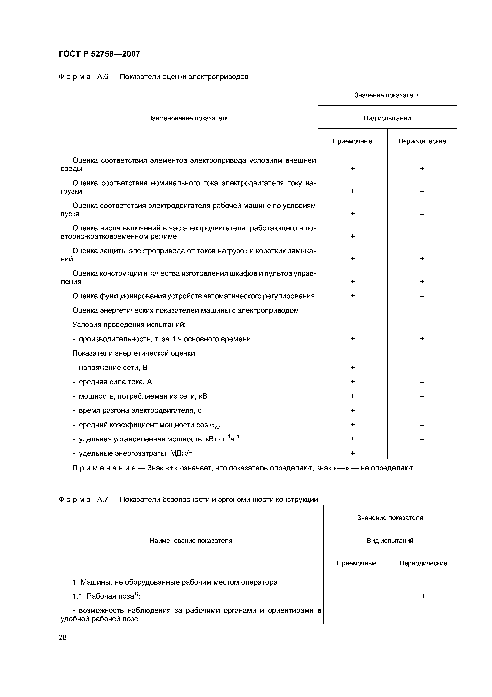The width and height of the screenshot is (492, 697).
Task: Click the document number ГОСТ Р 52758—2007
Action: [x=99, y=54]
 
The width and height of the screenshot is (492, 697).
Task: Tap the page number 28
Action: [x=62, y=637]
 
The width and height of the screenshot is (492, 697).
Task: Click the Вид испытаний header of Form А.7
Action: [x=390, y=540]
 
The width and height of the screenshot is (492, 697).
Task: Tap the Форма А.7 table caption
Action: [x=188, y=499]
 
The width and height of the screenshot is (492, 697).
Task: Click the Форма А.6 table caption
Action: [x=153, y=77]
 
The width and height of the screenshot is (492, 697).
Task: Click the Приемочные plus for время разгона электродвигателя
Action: [x=353, y=410]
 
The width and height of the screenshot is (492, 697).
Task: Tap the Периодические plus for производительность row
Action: [x=422, y=339]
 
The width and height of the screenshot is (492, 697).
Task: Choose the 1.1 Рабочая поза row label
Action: [x=106, y=596]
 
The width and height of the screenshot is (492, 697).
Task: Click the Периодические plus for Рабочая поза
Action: [x=423, y=596]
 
